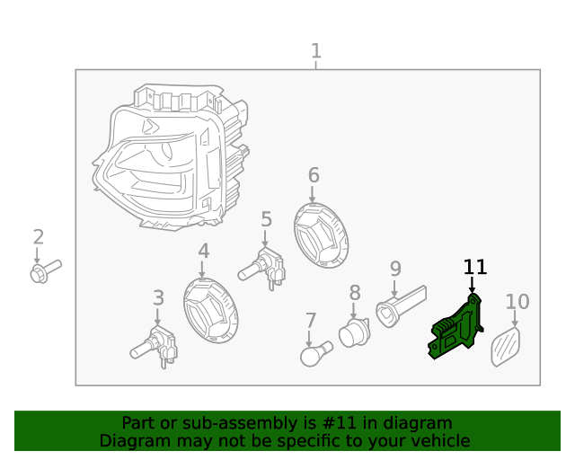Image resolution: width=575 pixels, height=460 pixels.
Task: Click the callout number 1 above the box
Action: (x=315, y=51)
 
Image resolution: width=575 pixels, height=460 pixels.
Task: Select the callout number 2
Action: (x=39, y=237)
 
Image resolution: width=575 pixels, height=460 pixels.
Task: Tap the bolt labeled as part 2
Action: (x=43, y=270)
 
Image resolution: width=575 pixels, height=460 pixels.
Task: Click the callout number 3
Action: (x=158, y=297)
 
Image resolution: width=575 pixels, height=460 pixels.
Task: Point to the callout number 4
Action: (x=204, y=252)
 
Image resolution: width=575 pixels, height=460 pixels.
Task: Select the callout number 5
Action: (x=266, y=219)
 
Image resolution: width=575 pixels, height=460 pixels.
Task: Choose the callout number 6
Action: (x=314, y=174)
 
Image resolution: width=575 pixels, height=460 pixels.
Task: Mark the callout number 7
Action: (x=311, y=320)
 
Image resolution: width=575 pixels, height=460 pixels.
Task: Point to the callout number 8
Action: (x=355, y=293)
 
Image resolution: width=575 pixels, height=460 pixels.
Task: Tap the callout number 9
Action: (x=394, y=269)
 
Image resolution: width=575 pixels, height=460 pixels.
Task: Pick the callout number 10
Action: (x=517, y=302)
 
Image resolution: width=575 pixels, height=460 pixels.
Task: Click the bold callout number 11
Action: (x=474, y=267)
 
